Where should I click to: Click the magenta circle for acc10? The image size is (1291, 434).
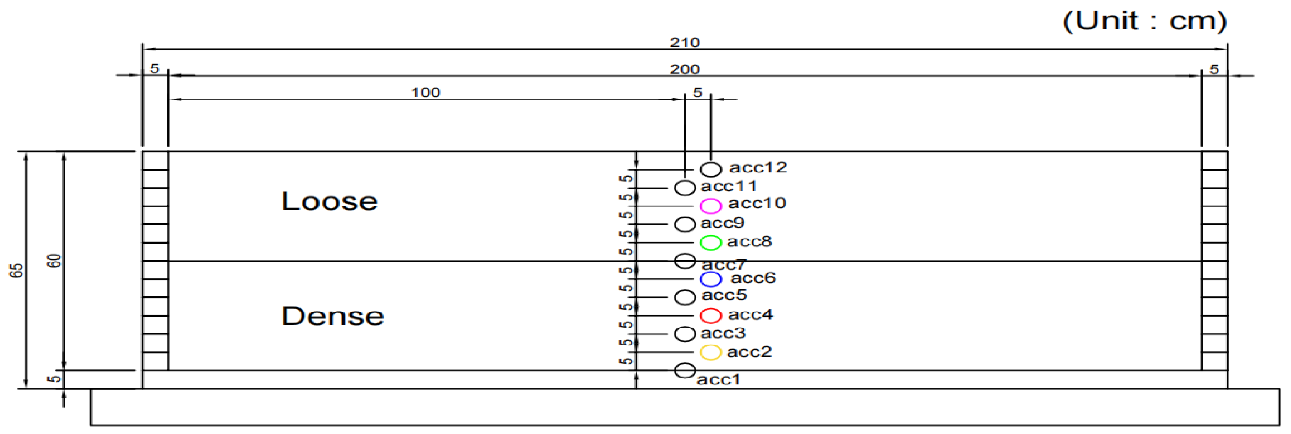710,206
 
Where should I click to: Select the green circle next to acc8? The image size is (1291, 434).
710,243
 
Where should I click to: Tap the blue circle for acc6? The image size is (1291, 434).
710,279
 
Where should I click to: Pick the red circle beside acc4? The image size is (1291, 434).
710,316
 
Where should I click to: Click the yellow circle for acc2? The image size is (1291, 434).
710,352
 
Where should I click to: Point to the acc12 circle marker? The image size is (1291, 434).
710,169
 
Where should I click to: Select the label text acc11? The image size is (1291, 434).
728,187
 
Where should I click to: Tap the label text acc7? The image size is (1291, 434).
724,264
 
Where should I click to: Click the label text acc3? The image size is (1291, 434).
723,334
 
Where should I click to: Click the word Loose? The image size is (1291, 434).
329,202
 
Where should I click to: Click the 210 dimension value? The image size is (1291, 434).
685,43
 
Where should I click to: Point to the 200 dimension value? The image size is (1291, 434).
685,69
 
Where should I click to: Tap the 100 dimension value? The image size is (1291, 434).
426,93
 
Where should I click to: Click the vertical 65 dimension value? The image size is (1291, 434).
17,271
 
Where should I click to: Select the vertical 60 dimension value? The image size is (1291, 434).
54,261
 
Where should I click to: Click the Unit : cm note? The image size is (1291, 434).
1145,22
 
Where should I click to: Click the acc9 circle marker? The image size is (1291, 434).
685,224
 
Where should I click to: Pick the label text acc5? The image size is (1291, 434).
724,295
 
